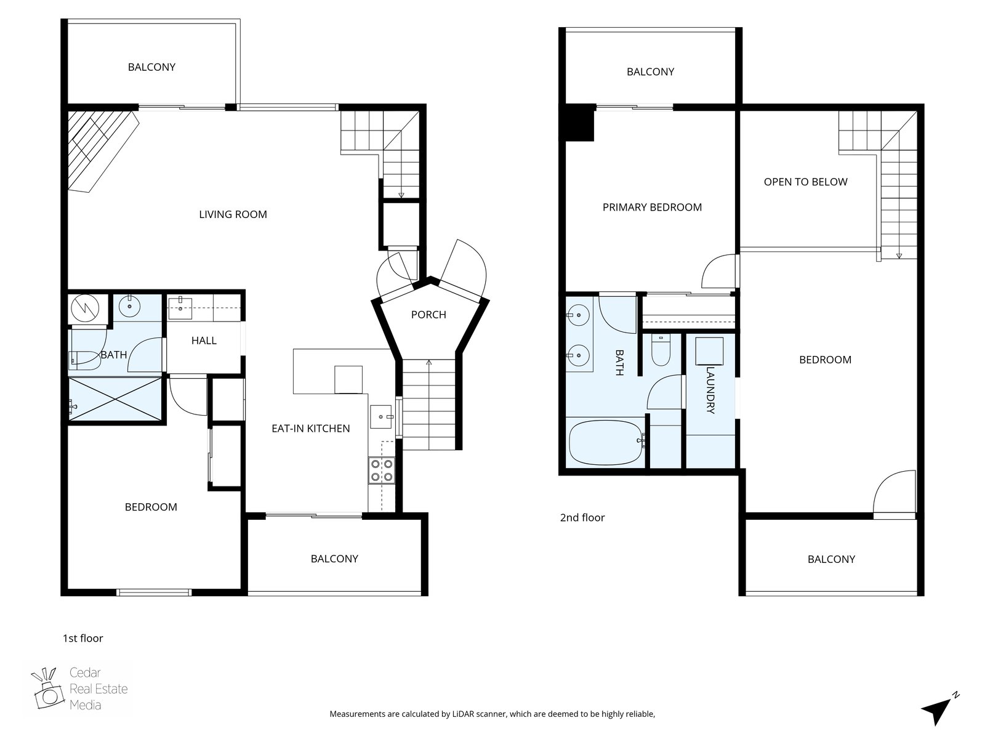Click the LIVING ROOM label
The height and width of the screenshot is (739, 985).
pos(233,214)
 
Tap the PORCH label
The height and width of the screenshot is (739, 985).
pos(428,315)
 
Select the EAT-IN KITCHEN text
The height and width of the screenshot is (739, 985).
pos(310,429)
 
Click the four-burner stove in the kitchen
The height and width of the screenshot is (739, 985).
pos(382,470)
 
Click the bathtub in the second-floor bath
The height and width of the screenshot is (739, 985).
pos(605,443)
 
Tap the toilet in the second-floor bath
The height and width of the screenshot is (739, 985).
pos(661,350)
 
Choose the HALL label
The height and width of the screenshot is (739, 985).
pos(204,341)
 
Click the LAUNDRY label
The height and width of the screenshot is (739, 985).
pos(710,390)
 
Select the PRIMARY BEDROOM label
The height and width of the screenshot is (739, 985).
pos(652,208)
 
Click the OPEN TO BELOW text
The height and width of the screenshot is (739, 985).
pos(805,182)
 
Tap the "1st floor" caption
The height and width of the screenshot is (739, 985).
pos(83,638)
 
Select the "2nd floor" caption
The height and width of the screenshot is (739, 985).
pos(582,517)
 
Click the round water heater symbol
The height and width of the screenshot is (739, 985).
pos(85,309)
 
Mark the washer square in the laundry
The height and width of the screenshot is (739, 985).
pos(709,351)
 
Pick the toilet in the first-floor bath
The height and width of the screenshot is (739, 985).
pos(85,360)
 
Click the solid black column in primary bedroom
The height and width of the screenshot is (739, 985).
pos(579,123)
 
